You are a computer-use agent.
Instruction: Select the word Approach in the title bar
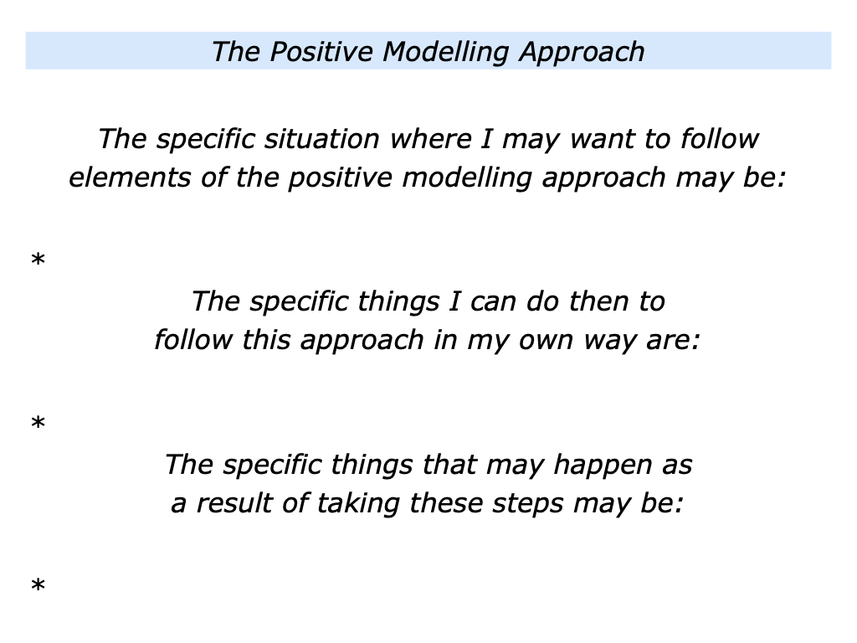pyautogui.click(x=582, y=52)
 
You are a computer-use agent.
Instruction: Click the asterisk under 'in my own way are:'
pyautogui.click(x=38, y=425)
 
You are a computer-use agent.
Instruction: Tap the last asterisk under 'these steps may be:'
pyautogui.click(x=38, y=589)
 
